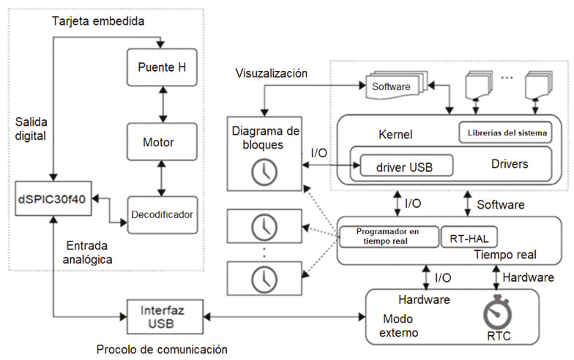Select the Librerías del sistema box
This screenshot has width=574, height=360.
coord(504,134)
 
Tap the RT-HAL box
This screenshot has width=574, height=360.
coord(460,236)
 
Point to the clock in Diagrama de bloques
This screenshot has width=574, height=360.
coord(260,173)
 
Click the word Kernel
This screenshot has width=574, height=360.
coord(395,135)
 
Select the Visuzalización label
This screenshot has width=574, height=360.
coord(271,73)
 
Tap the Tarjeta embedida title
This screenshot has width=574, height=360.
coord(98,21)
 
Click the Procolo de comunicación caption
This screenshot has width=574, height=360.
coord(162,348)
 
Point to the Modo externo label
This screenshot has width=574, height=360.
coord(400,327)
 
